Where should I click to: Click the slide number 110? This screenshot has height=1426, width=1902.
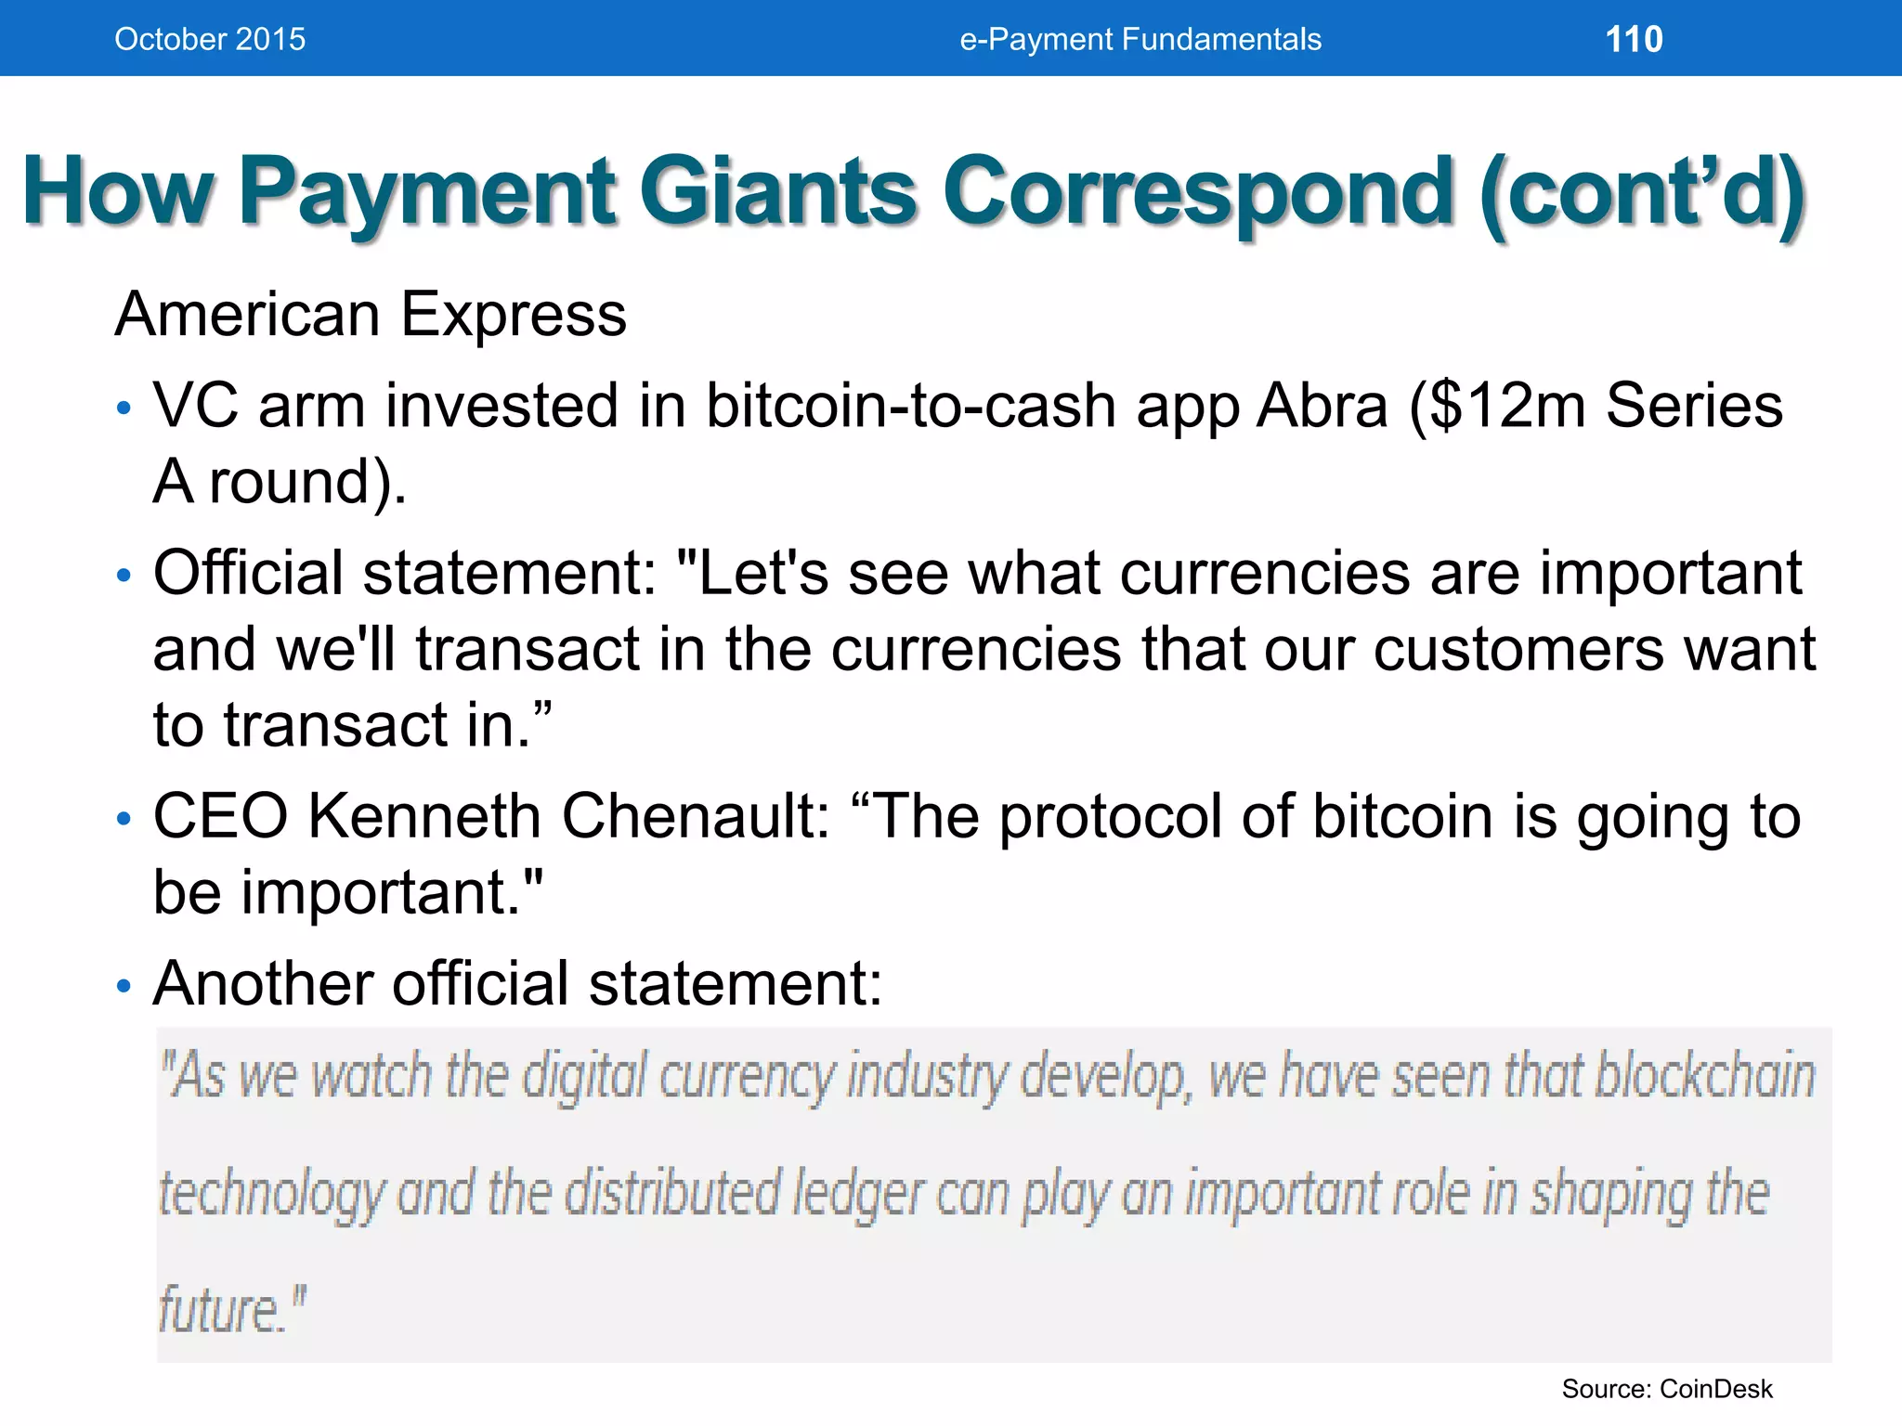click(x=1634, y=39)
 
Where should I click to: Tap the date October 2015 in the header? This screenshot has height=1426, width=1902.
click(x=210, y=39)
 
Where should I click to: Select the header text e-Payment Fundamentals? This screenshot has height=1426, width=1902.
click(x=1140, y=39)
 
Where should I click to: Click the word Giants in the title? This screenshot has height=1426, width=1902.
click(x=778, y=191)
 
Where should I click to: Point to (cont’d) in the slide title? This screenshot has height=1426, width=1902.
click(x=1642, y=191)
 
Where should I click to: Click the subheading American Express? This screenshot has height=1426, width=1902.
click(x=371, y=314)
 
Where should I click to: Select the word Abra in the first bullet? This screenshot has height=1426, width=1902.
click(x=1322, y=406)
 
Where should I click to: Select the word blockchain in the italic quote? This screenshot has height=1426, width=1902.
click(x=1704, y=1077)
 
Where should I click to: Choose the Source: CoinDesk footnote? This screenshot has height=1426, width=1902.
click(x=1666, y=1389)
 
